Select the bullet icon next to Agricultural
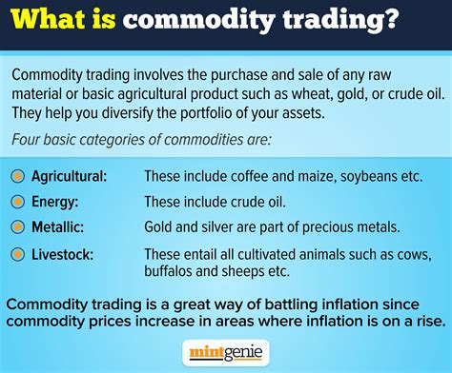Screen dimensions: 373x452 click(17, 177)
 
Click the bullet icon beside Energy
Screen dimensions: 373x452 click(17, 202)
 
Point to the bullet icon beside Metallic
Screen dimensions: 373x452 click(17, 226)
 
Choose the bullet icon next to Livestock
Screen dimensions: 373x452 click(17, 252)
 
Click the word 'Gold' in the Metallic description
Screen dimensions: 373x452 click(159, 226)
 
